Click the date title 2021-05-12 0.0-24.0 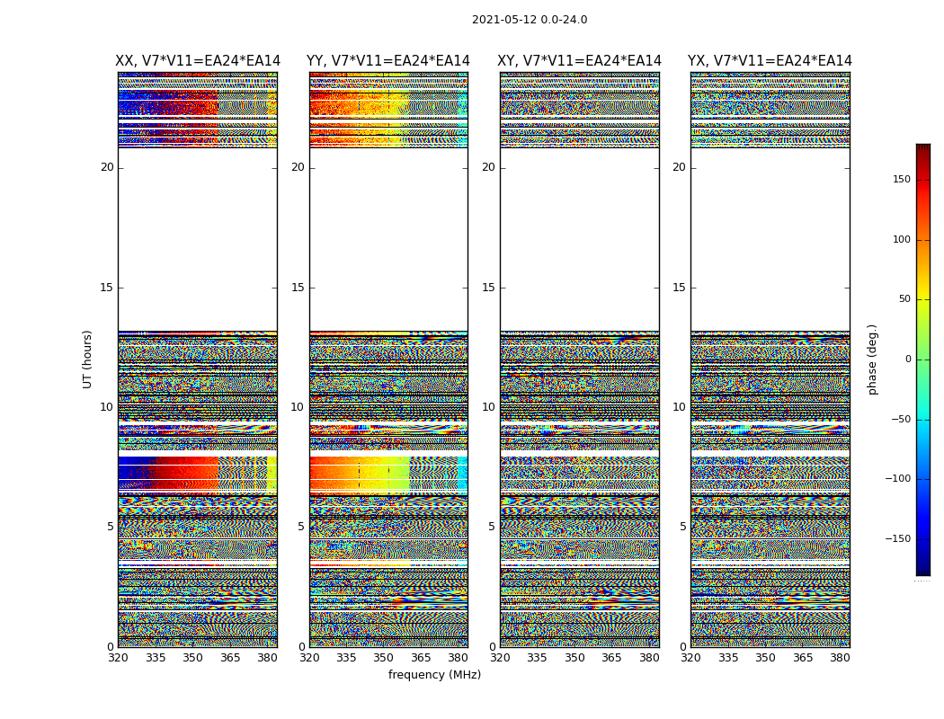coord(530,20)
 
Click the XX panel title coord(198,61)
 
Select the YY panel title coord(388,61)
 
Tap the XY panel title coord(580,61)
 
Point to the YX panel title coord(770,61)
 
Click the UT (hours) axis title coord(88,359)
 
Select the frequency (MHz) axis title coord(434,675)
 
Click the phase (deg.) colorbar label coord(872,359)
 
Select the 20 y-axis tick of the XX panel coord(107,167)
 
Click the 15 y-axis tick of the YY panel coord(298,288)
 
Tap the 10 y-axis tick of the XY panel coord(488,407)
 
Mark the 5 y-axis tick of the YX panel coord(682,527)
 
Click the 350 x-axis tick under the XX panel coord(192,658)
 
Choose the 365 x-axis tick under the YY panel coord(421,658)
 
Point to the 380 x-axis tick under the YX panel coord(840,658)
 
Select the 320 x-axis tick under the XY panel coord(500,658)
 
